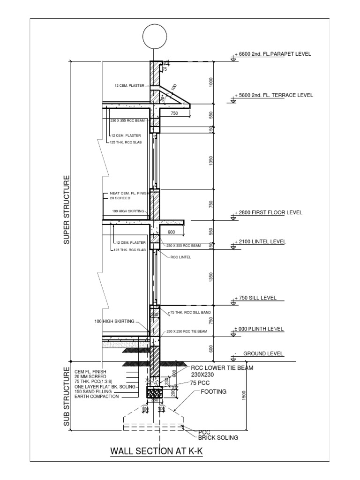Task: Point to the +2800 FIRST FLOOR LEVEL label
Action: click(x=270, y=212)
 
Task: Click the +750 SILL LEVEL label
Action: click(x=258, y=298)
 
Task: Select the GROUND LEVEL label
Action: click(x=263, y=354)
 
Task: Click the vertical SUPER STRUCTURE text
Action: click(x=67, y=210)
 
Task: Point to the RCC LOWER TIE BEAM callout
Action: click(x=222, y=368)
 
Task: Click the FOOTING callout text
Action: click(x=214, y=391)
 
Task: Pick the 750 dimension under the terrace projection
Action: click(x=174, y=113)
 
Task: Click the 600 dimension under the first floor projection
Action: click(x=171, y=232)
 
